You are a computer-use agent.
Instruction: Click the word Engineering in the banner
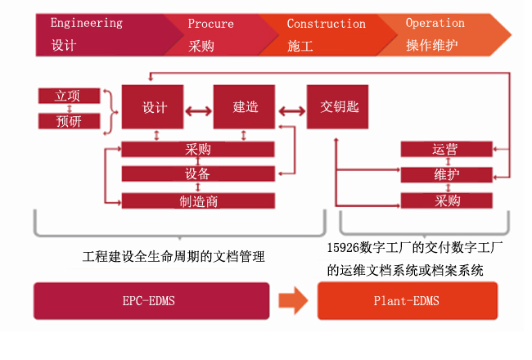[x=87, y=23]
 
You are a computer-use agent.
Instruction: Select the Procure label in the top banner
[x=210, y=24]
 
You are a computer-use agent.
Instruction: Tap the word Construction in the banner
[x=327, y=24]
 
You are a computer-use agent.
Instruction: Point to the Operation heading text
[x=435, y=23]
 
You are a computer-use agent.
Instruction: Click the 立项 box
[x=70, y=96]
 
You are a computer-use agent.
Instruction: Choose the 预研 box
[x=70, y=121]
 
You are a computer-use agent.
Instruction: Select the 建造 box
[x=244, y=107]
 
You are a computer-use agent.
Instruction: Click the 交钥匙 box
[x=337, y=107]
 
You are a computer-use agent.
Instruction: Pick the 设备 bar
[x=198, y=173]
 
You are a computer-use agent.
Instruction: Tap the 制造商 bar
[x=198, y=201]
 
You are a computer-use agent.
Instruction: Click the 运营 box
[x=447, y=149]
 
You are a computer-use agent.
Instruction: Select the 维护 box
[x=447, y=175]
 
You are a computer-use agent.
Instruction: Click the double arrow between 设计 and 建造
[x=199, y=111]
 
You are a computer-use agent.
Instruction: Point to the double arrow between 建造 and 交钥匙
[x=292, y=111]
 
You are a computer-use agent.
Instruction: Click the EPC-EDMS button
[x=151, y=301]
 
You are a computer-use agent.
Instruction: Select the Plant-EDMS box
[x=408, y=301]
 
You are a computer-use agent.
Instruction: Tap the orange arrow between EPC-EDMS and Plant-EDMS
[x=294, y=300]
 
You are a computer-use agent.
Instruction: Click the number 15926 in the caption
[x=343, y=248]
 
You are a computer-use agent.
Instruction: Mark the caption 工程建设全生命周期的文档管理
[x=174, y=257]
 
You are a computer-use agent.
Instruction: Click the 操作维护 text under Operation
[x=432, y=45]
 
